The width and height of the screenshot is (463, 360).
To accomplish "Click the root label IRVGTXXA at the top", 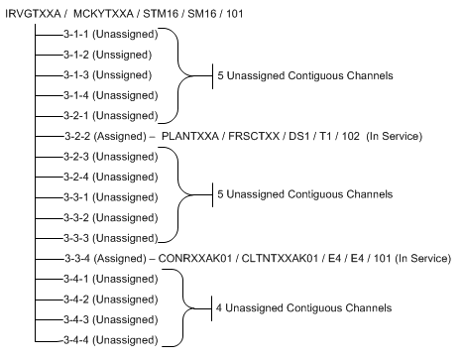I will (34, 14).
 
